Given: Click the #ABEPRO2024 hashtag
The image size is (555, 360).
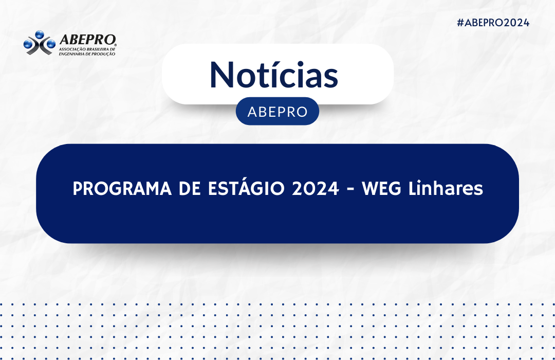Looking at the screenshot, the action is pos(493,23).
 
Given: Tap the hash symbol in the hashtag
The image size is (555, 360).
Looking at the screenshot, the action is pos(460,23).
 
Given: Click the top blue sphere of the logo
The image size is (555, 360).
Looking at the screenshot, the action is pos(39,34).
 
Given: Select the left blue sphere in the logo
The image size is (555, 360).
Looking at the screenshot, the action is pos(28,44).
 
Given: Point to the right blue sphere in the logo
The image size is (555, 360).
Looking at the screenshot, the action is pos(51,44).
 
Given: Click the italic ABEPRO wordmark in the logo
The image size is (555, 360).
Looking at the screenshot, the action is pos(87,40).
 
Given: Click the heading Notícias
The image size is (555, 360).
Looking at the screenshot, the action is pos(274,75).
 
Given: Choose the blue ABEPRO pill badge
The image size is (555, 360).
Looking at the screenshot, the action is pos(277,111).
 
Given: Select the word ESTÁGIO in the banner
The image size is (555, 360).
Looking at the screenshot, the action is pos(246,187).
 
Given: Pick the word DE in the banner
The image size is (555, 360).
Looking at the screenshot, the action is pos(190,189).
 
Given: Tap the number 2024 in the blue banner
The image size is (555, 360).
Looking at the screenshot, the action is pos(316,189).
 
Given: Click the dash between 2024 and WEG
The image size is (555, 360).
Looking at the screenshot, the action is pos(350,190).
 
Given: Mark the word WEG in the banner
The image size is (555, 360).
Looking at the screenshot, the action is pos(381,189).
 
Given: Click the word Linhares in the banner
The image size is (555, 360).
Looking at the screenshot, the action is pos(446,188).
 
